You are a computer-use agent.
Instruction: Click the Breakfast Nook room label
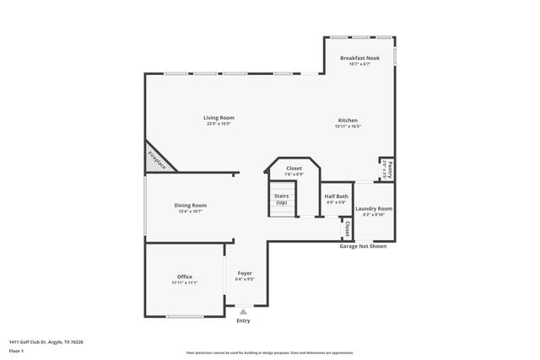click(359, 57)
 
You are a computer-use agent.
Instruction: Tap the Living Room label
click(219, 117)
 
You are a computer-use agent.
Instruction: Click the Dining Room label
click(191, 205)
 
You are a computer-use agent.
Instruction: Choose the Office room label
click(185, 277)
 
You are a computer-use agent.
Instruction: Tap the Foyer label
click(245, 272)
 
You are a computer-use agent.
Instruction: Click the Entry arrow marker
click(243, 312)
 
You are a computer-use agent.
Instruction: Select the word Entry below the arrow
click(243, 320)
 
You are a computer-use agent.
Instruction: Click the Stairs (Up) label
click(281, 199)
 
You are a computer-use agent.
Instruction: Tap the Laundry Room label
click(373, 208)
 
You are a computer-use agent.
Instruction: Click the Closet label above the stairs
click(294, 168)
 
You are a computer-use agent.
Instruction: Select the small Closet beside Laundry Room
click(347, 228)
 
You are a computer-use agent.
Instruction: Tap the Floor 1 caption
click(15, 350)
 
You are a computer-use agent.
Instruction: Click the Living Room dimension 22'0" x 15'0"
click(219, 124)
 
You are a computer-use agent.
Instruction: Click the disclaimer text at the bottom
click(269, 353)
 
